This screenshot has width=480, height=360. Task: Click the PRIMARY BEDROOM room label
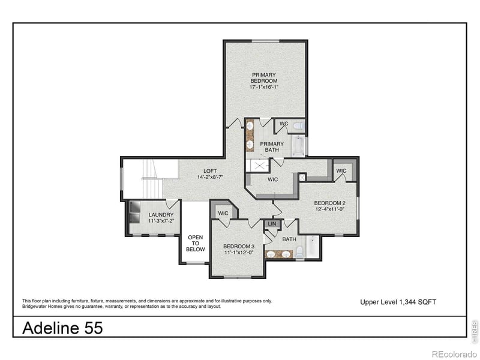264,78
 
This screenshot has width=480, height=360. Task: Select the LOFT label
209,170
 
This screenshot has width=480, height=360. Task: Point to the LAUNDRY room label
161,215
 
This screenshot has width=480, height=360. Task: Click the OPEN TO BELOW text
196,243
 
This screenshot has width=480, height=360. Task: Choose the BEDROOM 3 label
239,246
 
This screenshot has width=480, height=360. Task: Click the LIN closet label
272,224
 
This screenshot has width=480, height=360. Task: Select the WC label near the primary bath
284,124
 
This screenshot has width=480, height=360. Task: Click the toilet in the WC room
298,126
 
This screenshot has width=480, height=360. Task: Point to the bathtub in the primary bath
298,146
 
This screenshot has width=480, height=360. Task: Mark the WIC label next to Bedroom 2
341,171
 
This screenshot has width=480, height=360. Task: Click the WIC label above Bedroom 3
223,213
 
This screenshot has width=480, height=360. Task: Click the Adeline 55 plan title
62,328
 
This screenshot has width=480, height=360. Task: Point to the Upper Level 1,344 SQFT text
398,302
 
